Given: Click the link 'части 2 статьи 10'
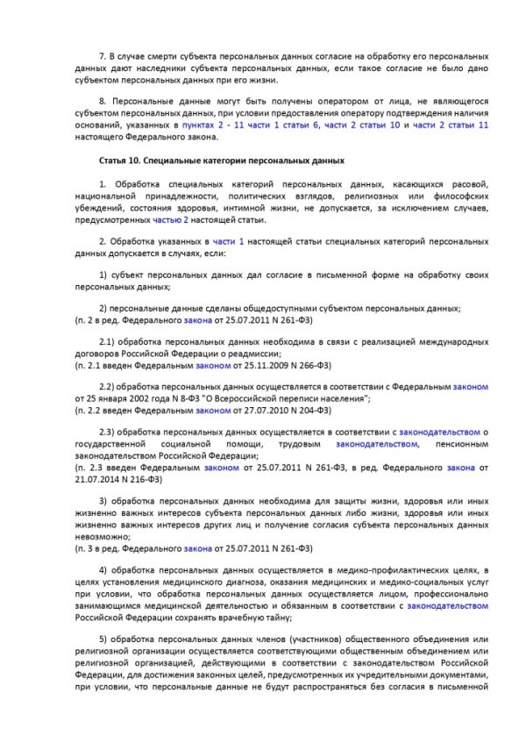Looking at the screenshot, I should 362,126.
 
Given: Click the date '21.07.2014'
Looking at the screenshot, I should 98,479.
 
